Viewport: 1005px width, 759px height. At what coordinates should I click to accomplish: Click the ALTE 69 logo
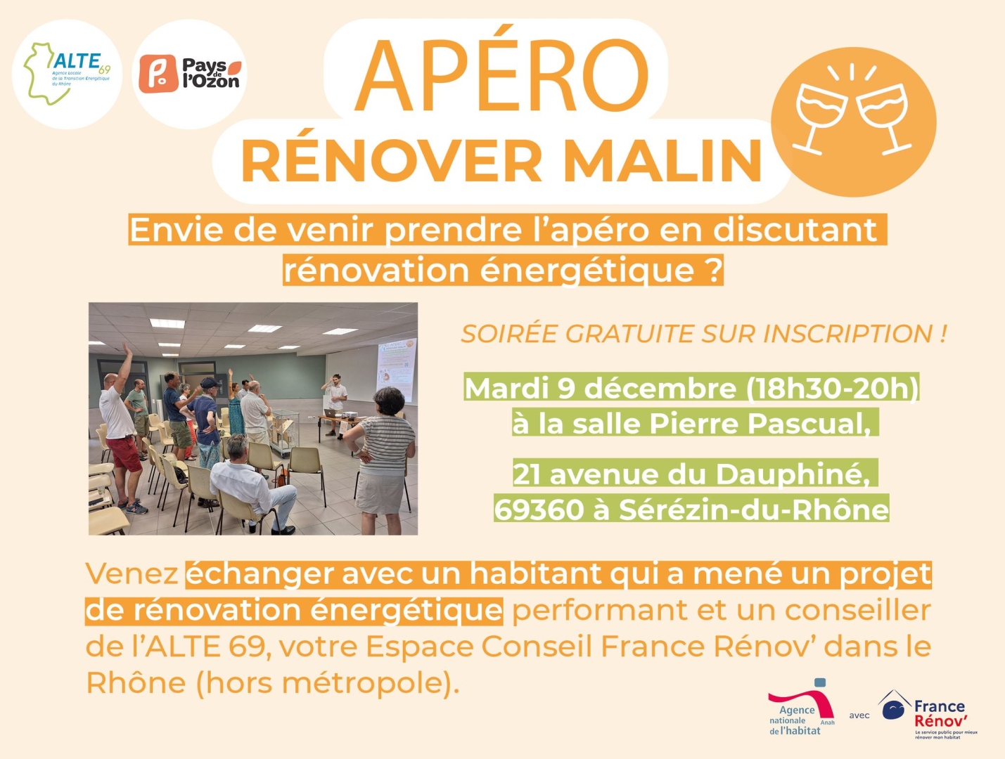(x=68, y=73)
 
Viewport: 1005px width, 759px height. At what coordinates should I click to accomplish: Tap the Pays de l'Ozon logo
(x=190, y=74)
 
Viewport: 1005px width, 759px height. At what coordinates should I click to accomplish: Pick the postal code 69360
(x=539, y=510)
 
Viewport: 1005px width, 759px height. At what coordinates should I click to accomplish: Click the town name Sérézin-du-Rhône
(x=753, y=510)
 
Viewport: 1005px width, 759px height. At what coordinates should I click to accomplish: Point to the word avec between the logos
(x=859, y=715)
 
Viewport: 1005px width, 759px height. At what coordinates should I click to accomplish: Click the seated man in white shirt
(x=253, y=485)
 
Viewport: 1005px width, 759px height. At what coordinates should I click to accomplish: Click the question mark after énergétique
(x=713, y=271)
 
